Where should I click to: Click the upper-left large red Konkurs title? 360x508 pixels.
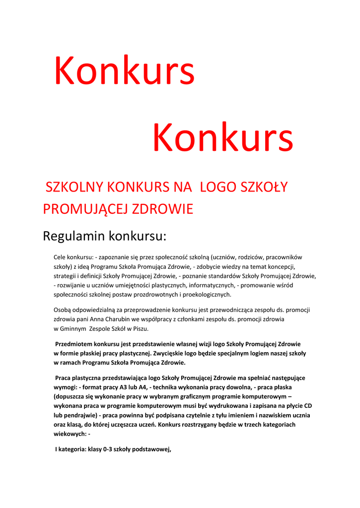coord(124,71)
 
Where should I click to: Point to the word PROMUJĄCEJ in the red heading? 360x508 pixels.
coord(85,209)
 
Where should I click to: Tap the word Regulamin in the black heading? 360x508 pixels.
coord(74,236)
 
